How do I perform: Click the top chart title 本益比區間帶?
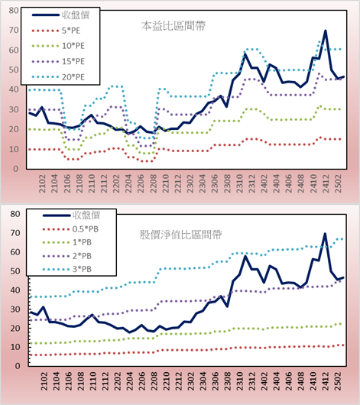point(174,26)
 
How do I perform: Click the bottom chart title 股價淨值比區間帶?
point(180,235)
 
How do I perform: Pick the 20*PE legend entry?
point(58,77)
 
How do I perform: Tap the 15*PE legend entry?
point(58,61)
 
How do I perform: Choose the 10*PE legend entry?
point(58,46)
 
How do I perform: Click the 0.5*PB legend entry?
point(70,229)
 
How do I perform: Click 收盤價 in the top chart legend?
point(60,15)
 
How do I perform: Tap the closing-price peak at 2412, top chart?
point(326,31)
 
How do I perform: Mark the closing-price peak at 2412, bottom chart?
point(325,234)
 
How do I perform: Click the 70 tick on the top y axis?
point(14,31)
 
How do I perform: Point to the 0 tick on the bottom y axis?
point(17,366)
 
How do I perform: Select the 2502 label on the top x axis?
point(338,183)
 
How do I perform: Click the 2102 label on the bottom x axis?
point(44,381)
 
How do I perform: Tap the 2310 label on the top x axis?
point(239,183)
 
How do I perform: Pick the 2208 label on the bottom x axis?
point(154,381)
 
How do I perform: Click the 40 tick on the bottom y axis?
point(15,290)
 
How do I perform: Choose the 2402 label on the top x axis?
point(264,183)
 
